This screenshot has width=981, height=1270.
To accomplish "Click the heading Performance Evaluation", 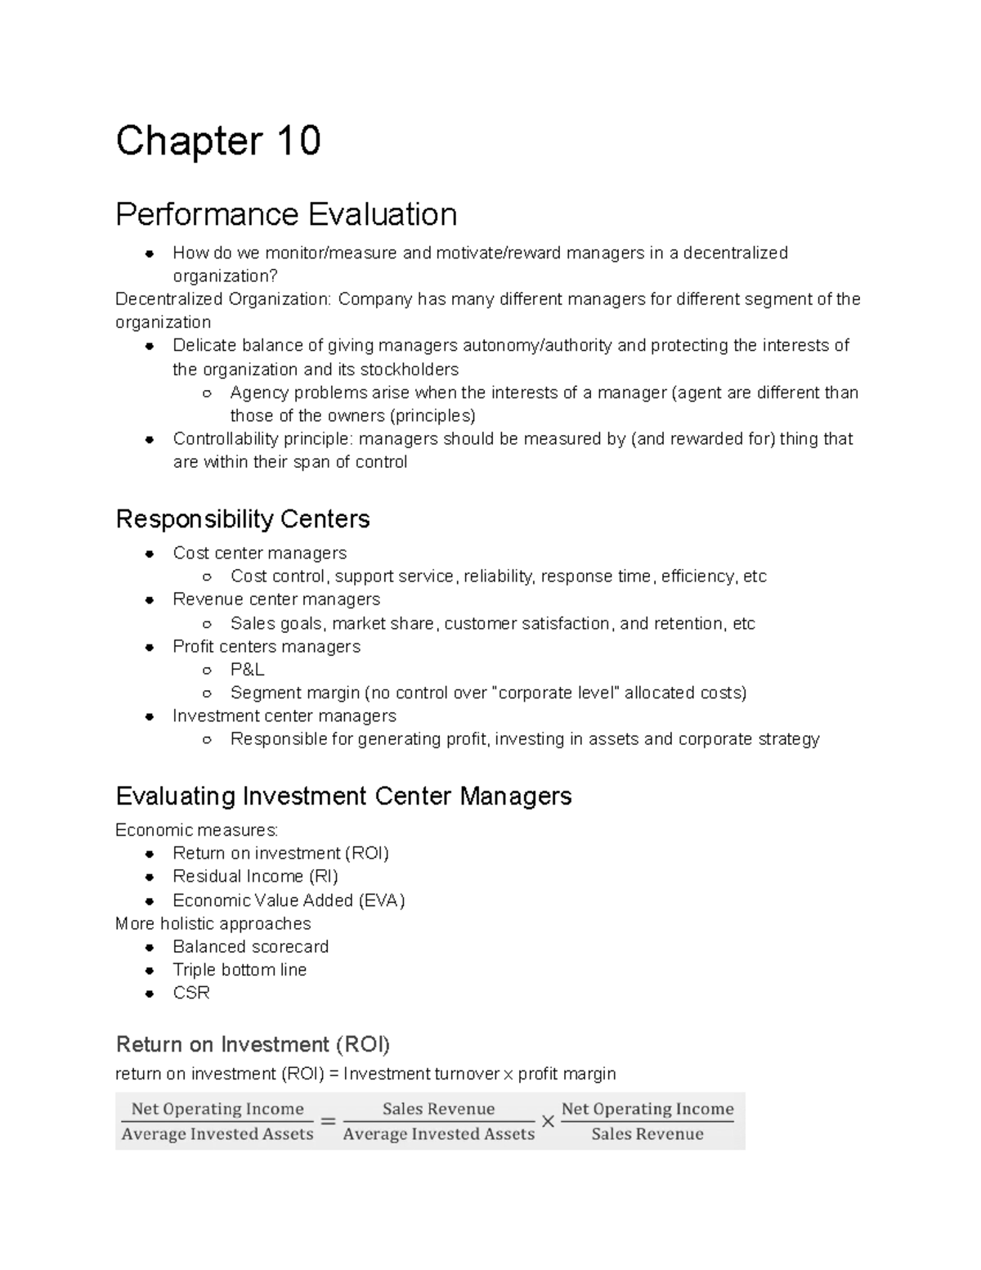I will (286, 214).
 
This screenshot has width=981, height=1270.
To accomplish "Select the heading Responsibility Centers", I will (243, 518).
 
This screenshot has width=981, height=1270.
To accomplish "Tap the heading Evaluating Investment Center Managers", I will (343, 796).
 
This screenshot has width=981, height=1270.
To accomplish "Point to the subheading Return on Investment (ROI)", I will (253, 1044).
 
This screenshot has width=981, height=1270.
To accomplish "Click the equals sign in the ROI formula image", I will (328, 1122).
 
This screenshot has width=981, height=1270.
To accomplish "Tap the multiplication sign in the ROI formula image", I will (548, 1122).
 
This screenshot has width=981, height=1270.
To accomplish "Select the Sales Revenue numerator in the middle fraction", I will (438, 1109).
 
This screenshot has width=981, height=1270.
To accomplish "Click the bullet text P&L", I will (247, 670).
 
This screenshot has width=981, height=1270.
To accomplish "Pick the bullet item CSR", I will (191, 993).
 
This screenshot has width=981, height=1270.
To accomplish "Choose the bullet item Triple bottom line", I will (240, 970).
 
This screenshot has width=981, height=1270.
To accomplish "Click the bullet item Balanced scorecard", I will (250, 946).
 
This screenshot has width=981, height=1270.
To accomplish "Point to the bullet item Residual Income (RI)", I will (255, 877).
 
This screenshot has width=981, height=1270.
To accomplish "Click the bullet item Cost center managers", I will (259, 553).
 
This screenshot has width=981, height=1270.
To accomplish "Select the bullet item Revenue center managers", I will (276, 599).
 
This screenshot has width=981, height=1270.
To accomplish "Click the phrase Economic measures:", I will (196, 830).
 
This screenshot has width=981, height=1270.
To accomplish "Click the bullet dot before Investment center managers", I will (150, 716).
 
